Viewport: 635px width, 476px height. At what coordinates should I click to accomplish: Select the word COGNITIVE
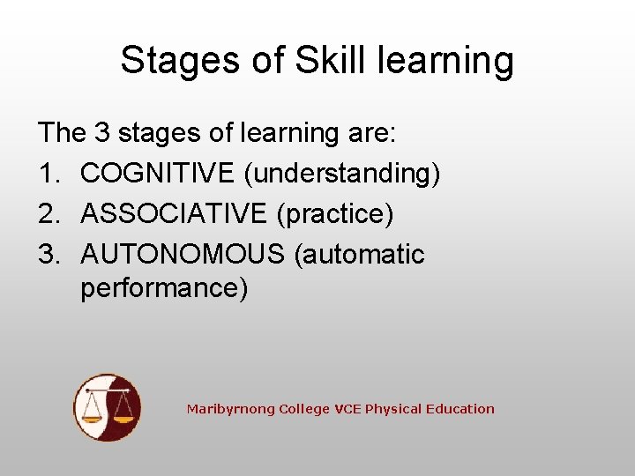pyautogui.click(x=161, y=174)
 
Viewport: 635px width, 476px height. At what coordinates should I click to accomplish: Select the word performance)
pyautogui.click(x=164, y=288)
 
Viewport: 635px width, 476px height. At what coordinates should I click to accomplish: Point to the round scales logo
pyautogui.click(x=107, y=407)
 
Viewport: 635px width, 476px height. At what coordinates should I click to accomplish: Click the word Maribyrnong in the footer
pyautogui.click(x=229, y=409)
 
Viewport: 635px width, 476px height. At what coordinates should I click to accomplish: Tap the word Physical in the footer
pyautogui.click(x=393, y=409)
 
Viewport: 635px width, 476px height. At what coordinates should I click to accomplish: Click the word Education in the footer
pyautogui.click(x=460, y=409)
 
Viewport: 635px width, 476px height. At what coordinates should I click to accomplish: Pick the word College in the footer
pyautogui.click(x=304, y=409)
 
